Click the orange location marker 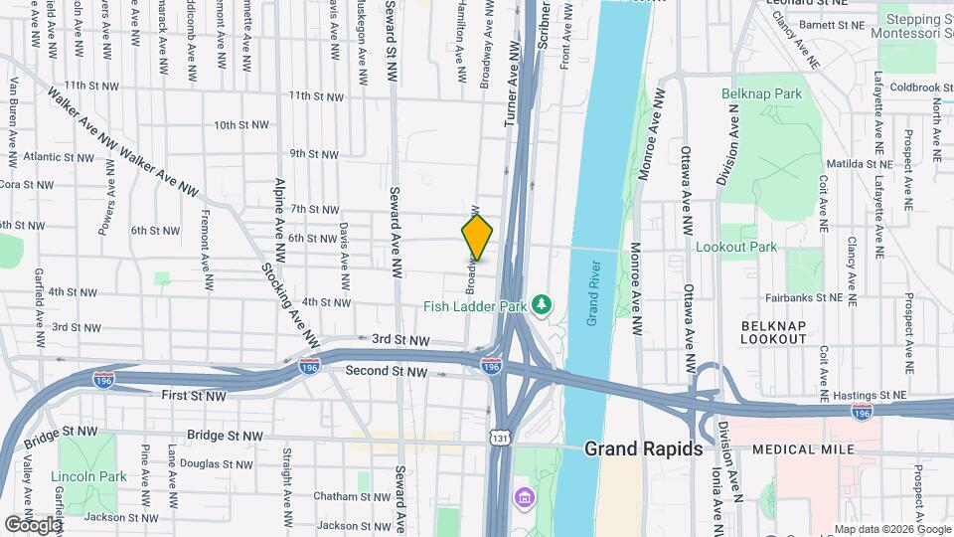[x=477, y=237]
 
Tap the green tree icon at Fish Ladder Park [x=542, y=304]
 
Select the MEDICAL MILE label [x=804, y=449]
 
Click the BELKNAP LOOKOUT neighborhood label [x=774, y=332]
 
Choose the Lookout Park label [x=736, y=247]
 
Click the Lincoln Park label [x=89, y=476]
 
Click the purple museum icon [x=522, y=495]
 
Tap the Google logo [x=33, y=524]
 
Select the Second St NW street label [x=387, y=371]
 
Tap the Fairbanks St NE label [x=804, y=297]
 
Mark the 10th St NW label [x=241, y=125]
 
